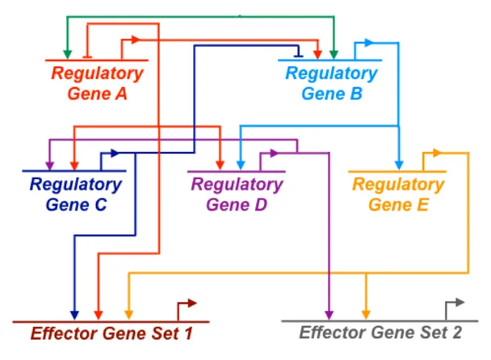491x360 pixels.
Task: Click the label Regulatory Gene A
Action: point(98,83)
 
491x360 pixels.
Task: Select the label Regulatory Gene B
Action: point(332,83)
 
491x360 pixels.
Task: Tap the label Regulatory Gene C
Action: point(76,195)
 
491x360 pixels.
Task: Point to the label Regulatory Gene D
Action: point(237,195)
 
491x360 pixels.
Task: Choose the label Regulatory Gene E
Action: point(398,195)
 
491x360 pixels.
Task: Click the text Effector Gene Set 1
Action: point(111,333)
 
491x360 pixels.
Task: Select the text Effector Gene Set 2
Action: point(380,333)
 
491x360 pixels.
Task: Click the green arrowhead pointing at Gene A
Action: point(67,54)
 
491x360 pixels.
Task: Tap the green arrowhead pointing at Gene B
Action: point(334,54)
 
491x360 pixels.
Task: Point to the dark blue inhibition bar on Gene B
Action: point(299,56)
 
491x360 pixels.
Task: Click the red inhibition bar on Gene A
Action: point(87,57)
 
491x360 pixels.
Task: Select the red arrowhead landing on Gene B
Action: point(317,54)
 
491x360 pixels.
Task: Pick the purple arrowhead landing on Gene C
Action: point(50,165)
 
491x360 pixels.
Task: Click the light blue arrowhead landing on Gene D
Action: point(241,165)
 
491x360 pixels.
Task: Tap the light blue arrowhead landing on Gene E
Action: point(399,165)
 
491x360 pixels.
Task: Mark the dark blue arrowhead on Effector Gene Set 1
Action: point(74,316)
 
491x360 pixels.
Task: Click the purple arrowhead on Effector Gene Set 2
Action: point(329,315)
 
